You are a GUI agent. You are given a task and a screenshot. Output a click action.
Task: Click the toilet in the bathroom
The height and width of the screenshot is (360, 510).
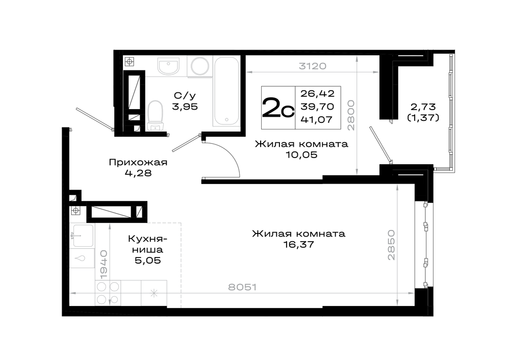tap(155, 115)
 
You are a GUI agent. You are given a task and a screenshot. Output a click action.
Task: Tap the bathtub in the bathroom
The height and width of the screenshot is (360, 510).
tap(226, 91)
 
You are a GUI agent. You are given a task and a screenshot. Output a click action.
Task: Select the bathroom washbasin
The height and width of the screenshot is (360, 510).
tap(168, 66)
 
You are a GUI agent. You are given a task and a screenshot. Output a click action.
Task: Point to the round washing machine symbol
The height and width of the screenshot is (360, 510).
tap(200, 67)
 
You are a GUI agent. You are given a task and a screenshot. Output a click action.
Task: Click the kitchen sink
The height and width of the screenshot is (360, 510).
tap(83, 236)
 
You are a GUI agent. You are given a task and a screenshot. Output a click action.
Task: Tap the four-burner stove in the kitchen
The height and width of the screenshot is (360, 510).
tap(108, 293)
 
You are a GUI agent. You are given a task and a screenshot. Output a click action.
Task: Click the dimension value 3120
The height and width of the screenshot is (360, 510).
tap(312, 66)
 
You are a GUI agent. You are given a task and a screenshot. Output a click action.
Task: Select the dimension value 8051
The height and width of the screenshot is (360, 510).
tap(242, 287)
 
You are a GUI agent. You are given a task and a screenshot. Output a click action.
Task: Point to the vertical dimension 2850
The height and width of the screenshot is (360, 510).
tap(391, 245)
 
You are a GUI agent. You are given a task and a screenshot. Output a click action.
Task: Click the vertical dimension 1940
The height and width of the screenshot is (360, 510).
tap(104, 264)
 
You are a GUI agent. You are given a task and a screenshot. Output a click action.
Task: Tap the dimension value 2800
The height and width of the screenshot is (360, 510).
tap(350, 115)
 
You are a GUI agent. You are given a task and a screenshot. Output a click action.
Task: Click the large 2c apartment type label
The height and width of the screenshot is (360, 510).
tap(278, 108)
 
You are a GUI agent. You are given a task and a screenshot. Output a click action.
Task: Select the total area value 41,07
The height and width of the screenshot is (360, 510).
tap(317, 120)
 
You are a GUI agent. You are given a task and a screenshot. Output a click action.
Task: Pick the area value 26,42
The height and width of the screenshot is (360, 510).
tap(317, 94)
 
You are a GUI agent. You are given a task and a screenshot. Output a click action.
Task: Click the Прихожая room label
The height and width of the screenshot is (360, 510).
tap(138, 162)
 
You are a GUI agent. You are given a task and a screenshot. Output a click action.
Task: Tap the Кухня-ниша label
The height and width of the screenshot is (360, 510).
tap(147, 244)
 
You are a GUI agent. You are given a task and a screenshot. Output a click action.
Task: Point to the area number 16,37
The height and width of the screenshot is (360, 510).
tap(298, 245)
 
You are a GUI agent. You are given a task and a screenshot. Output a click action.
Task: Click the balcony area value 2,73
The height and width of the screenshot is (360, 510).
tap(423, 107)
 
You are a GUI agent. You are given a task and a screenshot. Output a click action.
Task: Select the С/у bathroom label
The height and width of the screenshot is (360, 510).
tap(185, 96)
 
